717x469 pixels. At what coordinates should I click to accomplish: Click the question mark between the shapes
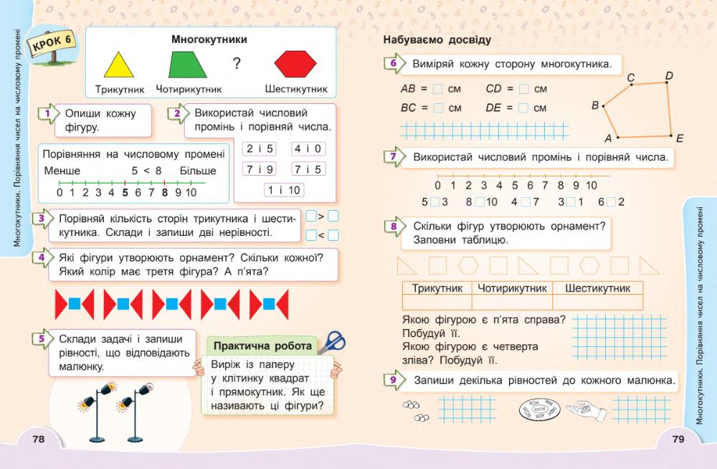[237, 65]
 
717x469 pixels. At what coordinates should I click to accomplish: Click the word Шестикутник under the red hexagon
[296, 90]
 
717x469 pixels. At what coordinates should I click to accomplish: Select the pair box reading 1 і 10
[283, 190]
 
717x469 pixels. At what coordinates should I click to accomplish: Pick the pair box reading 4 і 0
[308, 149]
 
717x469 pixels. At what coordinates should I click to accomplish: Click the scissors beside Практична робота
[331, 341]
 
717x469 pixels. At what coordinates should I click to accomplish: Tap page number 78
[39, 440]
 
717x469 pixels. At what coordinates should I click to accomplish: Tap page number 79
[679, 440]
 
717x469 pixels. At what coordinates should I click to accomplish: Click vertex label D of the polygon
[668, 75]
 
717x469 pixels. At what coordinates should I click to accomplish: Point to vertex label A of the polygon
[608, 138]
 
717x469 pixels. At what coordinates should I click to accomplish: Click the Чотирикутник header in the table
[513, 288]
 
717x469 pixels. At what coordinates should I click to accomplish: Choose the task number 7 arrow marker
[391, 158]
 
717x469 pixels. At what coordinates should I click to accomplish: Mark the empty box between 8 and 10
[480, 202]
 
